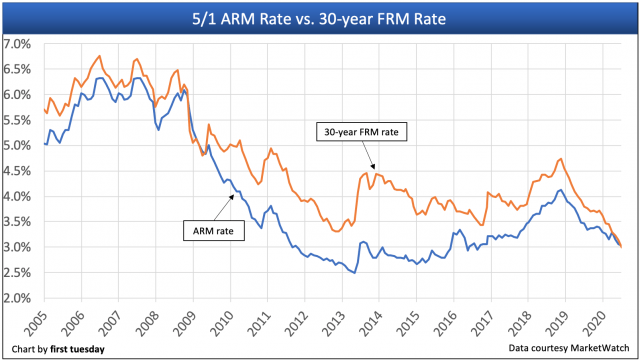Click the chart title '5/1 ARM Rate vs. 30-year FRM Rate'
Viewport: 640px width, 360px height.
[320, 17]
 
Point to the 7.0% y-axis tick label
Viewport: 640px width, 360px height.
[18, 44]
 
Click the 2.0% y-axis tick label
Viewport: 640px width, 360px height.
[18, 298]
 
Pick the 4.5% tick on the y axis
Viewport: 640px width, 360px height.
[18, 171]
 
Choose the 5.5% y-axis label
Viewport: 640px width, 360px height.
[18, 120]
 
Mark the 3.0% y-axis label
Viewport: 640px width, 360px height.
[18, 247]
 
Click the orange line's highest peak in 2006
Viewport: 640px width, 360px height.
[99, 56]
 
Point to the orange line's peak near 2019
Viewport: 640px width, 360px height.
[560, 159]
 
